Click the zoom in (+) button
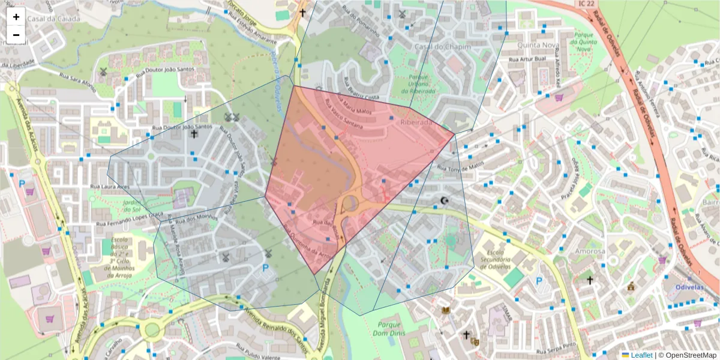click(16, 17)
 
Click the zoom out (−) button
click(16, 35)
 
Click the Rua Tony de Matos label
click(460, 167)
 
